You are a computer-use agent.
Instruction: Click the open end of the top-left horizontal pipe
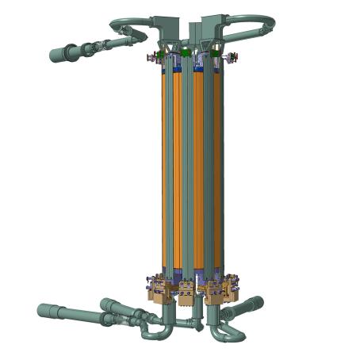(54, 56)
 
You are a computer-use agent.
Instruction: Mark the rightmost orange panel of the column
(217, 167)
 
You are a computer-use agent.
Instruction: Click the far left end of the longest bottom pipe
(42, 310)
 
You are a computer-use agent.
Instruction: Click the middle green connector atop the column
(186, 53)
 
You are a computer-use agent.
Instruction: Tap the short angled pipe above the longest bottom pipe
(111, 305)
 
